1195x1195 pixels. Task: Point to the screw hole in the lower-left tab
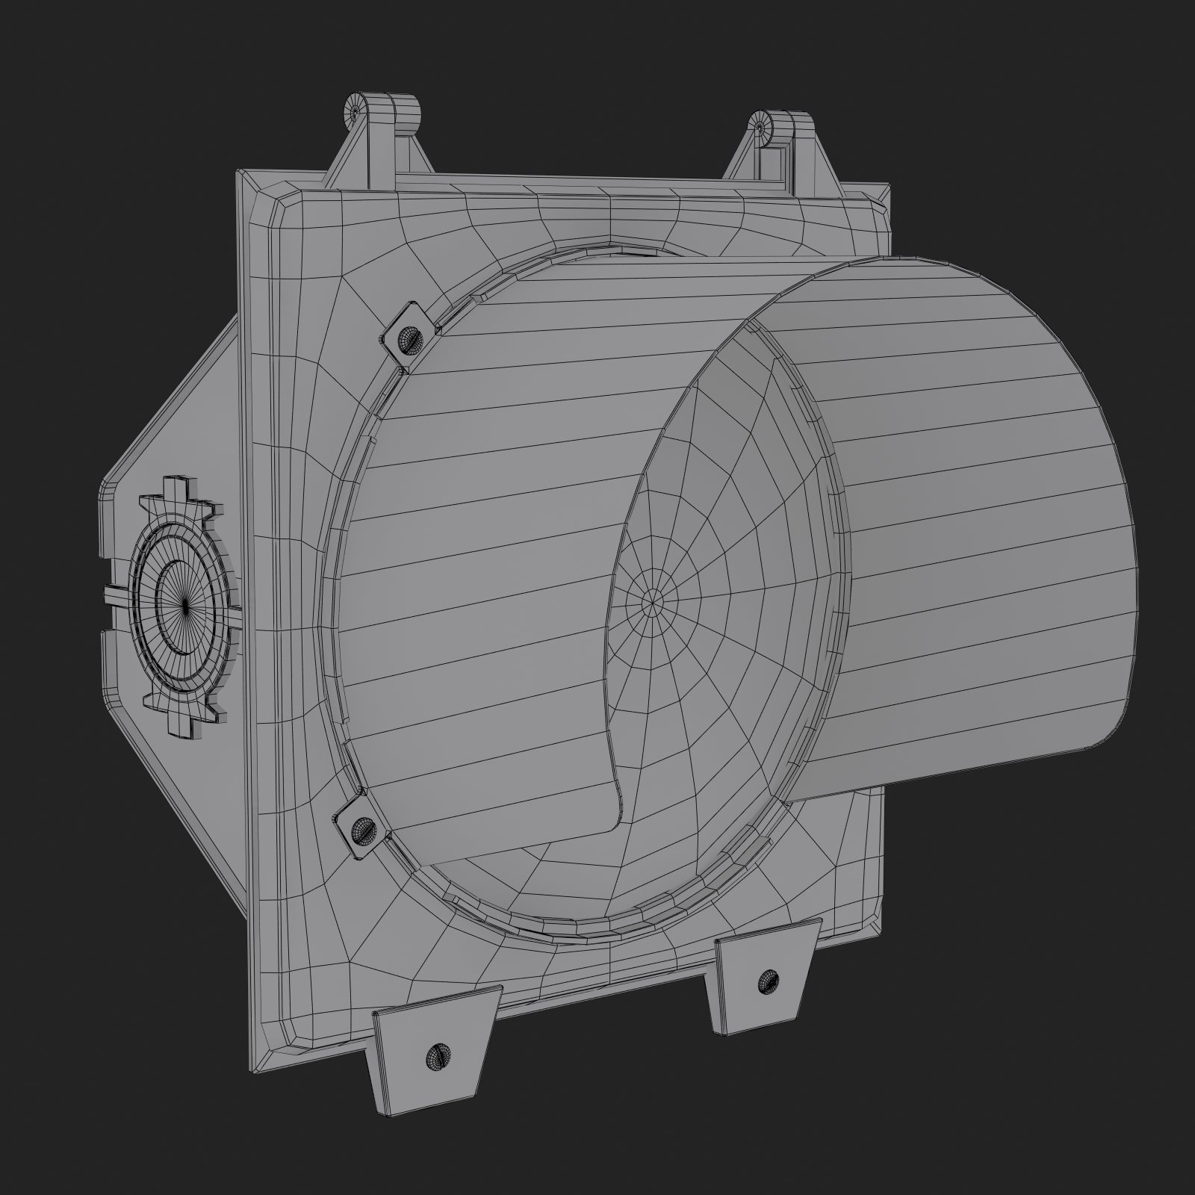(434, 1055)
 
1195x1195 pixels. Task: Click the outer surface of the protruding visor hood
(971, 485)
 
